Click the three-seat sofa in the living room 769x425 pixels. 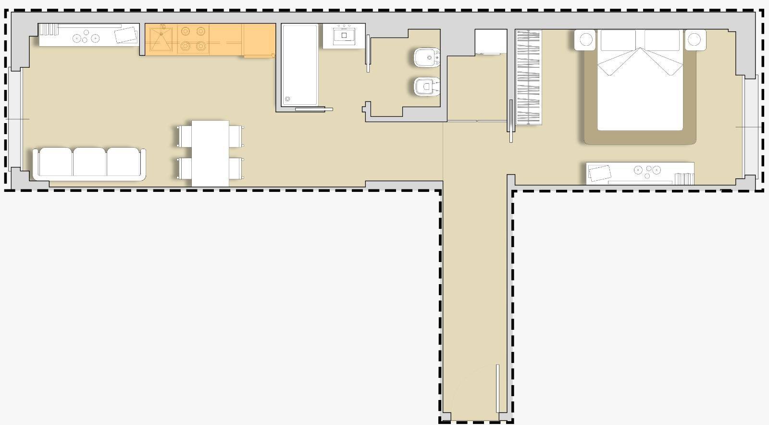point(89,163)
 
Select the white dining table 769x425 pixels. point(210,153)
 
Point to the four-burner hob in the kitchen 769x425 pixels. point(193,38)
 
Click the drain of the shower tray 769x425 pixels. point(287,100)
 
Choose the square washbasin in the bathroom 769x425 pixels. point(344,36)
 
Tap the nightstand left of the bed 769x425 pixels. point(585,39)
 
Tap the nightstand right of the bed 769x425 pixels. point(695,39)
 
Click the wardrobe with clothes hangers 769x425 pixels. point(529,77)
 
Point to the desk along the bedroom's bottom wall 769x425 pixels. point(639,173)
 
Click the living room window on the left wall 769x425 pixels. point(14,119)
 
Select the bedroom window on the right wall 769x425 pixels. point(751,127)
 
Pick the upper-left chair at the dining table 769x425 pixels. point(185,136)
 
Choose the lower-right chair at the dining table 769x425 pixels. point(236,168)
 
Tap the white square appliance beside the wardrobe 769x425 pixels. point(491,41)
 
